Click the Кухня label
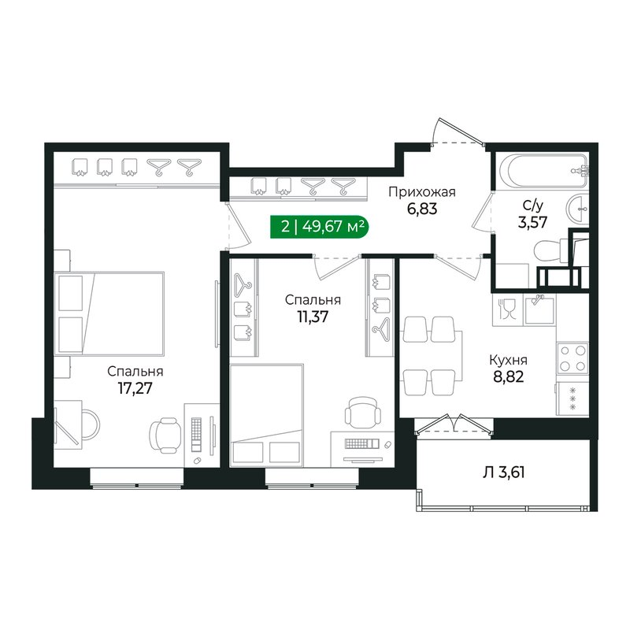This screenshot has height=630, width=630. (x=509, y=360)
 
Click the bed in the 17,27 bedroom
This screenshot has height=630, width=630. (x=110, y=313)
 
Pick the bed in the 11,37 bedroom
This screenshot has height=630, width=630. (x=267, y=415)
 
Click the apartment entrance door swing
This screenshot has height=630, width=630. (x=458, y=131)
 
